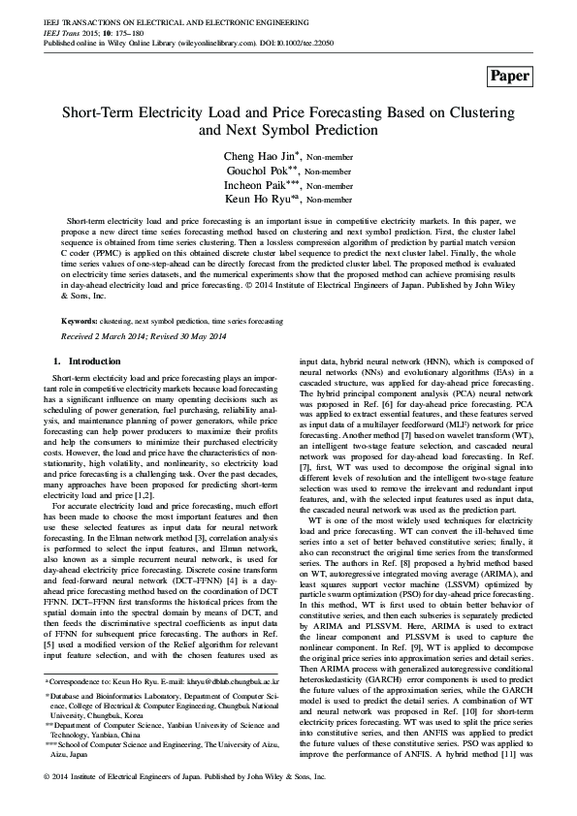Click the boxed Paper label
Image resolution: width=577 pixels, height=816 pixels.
click(510, 76)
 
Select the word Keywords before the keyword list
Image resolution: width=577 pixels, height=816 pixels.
click(79, 319)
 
